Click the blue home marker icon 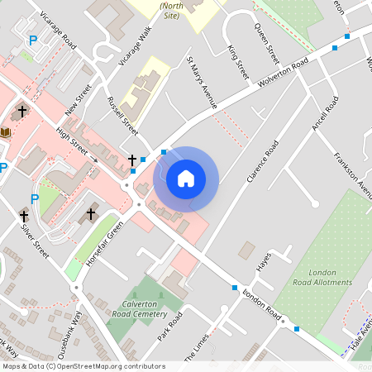(186, 178)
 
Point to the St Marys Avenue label (202, 83)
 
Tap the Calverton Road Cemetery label (139, 308)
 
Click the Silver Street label (36, 240)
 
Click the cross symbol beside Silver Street (24, 216)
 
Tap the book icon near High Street (7, 133)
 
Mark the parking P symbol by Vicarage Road (33, 40)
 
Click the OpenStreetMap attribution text (83, 366)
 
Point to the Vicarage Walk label (135, 45)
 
